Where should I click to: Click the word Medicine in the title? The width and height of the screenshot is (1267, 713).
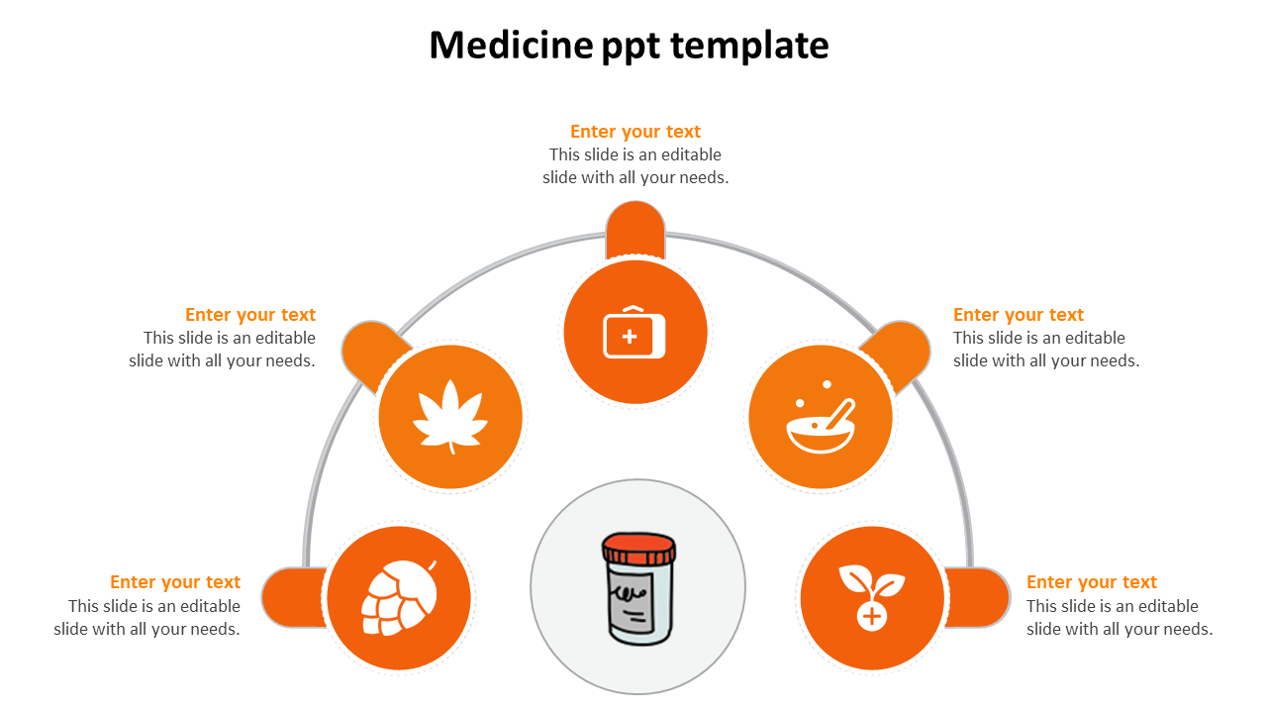tap(511, 46)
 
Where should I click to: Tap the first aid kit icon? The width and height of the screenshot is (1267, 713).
tap(634, 334)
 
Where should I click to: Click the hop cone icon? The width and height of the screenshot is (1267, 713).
tap(398, 596)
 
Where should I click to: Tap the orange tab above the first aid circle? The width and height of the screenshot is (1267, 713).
tap(635, 229)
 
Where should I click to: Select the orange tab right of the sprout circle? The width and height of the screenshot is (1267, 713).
tap(977, 597)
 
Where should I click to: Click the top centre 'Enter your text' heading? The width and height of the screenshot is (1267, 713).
tap(635, 132)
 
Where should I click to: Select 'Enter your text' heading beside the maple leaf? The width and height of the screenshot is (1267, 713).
tap(250, 315)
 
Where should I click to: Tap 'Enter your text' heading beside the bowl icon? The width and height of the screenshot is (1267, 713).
tap(1019, 315)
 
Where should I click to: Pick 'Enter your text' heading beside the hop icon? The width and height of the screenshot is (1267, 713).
tap(175, 582)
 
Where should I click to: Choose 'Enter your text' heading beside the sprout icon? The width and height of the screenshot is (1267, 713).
tap(1092, 582)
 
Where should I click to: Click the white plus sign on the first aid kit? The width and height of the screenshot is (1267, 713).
tap(630, 337)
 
